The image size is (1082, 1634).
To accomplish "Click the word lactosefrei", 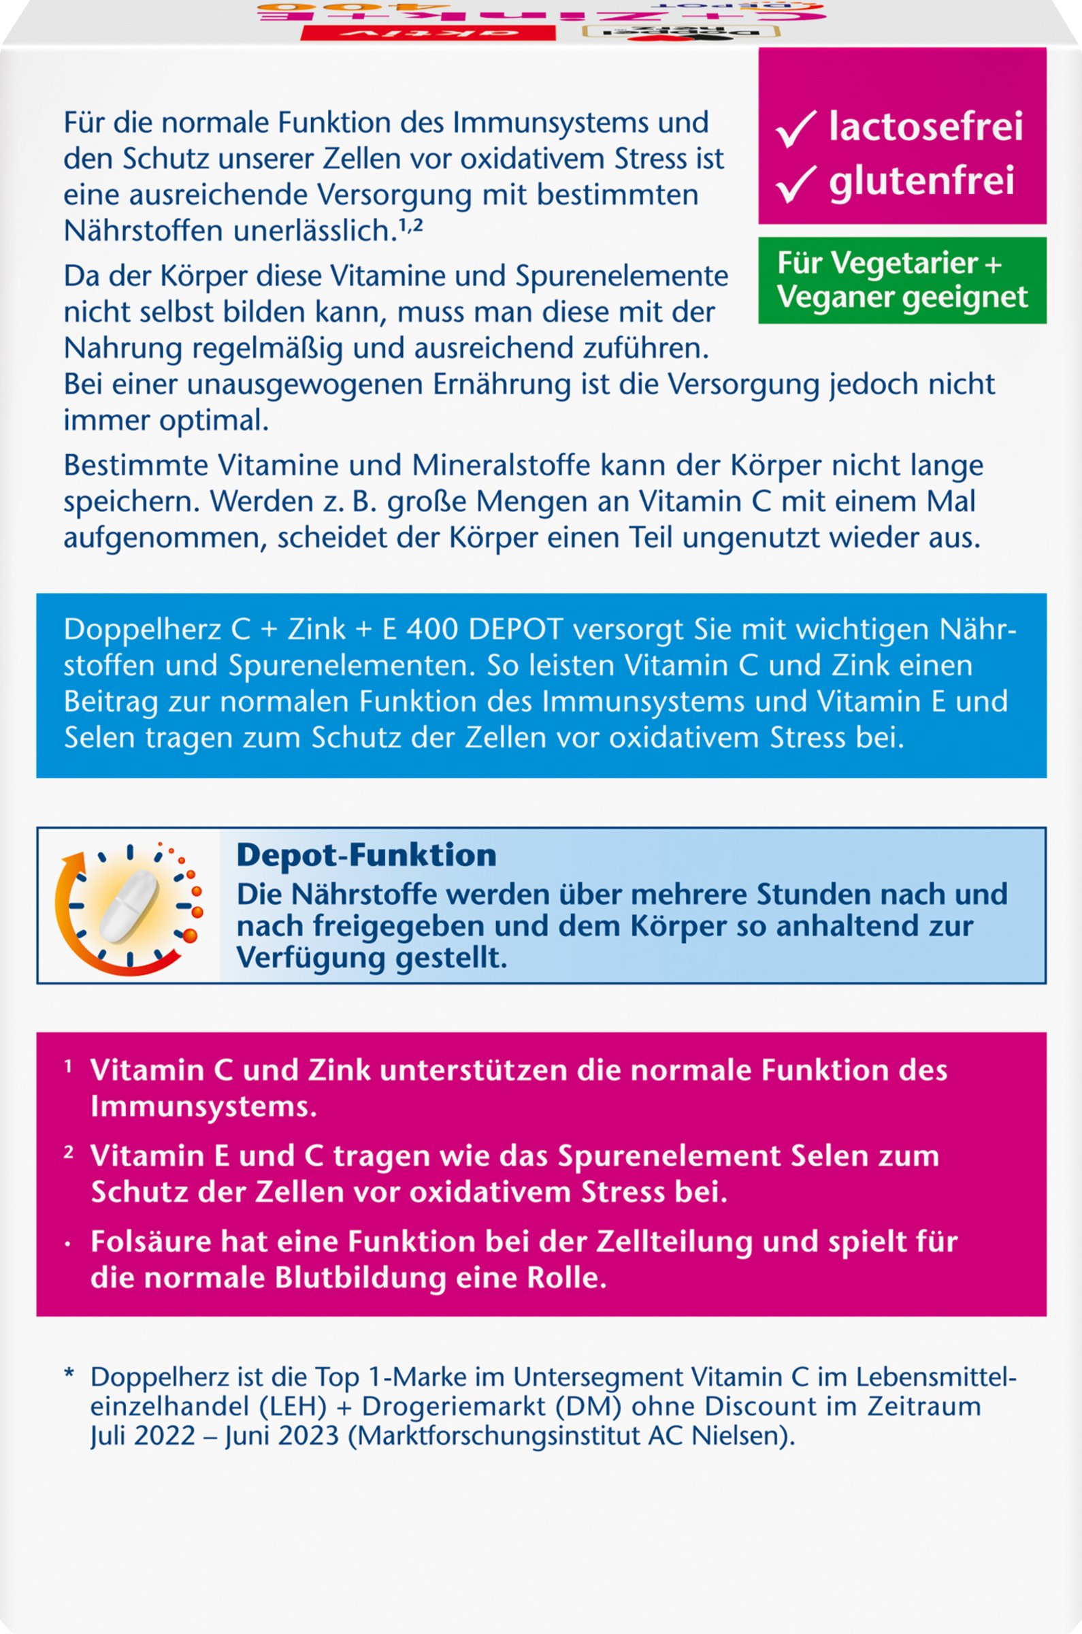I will coord(925,127).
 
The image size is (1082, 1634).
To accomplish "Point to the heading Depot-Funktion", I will coord(366,855).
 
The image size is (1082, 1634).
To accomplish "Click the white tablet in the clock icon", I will coord(130,905).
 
